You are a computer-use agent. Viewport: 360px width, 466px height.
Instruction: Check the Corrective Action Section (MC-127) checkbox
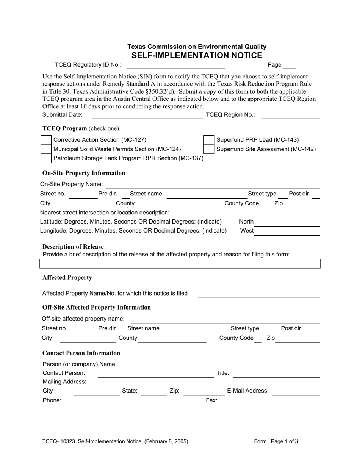(x=46, y=140)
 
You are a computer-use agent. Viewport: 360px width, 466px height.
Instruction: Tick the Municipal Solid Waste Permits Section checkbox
(x=46, y=149)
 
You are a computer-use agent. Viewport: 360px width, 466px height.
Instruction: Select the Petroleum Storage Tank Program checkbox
(x=46, y=158)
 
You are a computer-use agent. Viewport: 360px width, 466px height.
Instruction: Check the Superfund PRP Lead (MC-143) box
(x=209, y=140)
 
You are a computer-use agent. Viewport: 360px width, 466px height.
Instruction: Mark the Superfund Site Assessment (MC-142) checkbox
(x=209, y=149)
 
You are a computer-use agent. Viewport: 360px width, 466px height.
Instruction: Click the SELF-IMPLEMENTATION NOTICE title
(x=197, y=56)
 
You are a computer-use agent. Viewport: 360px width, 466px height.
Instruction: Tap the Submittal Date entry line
(x=148, y=115)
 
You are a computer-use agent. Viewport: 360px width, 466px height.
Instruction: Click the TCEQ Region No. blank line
(x=291, y=115)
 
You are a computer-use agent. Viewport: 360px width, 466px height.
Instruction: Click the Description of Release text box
(x=180, y=264)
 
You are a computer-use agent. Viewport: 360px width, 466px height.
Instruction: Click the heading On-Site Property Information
(x=84, y=173)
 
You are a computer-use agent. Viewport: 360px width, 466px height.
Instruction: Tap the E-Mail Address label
(x=248, y=391)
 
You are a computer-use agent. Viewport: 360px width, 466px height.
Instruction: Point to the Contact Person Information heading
(x=81, y=353)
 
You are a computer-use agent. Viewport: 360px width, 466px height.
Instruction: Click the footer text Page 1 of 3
(x=285, y=441)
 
